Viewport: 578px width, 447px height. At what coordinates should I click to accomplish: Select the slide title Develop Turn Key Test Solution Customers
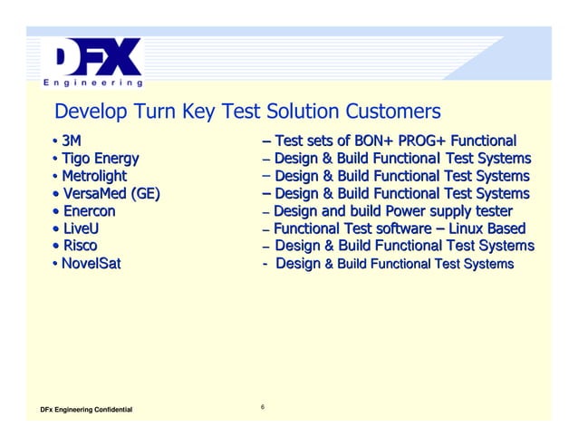[247, 112]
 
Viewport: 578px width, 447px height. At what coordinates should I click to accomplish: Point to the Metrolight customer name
[93, 176]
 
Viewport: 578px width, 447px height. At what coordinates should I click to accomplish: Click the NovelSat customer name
[92, 264]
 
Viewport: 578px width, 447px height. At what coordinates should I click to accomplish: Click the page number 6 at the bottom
[262, 406]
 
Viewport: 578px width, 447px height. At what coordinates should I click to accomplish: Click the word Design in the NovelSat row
[297, 264]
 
